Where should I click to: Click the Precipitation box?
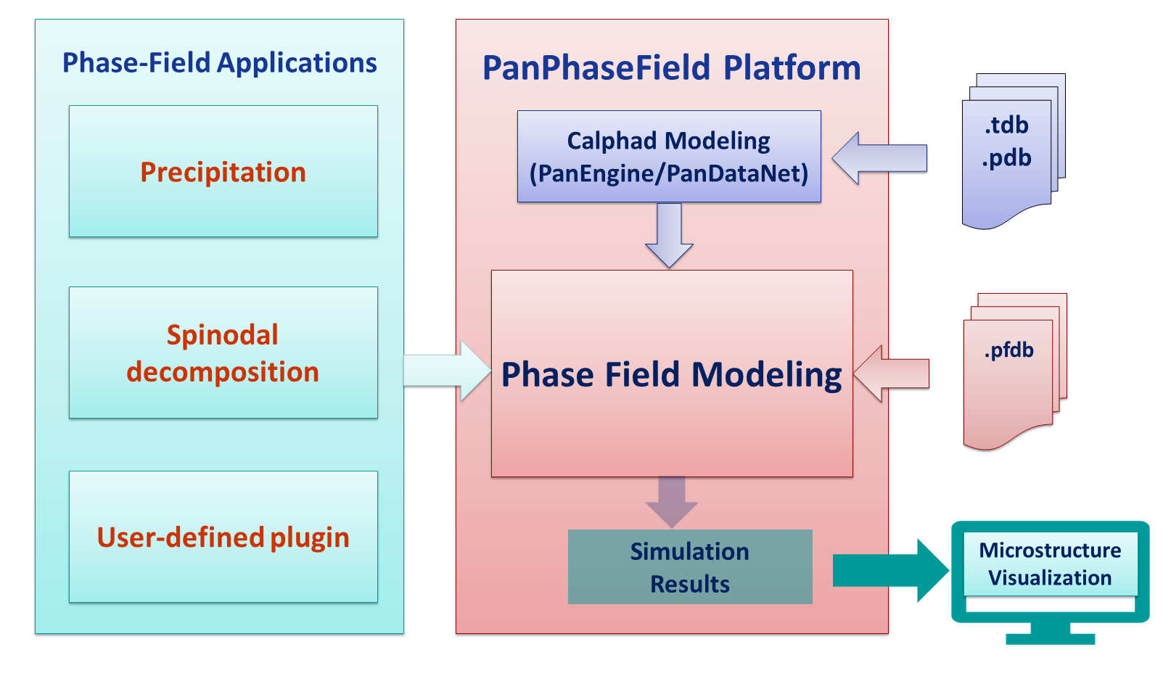[x=223, y=172]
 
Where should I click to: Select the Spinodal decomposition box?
[x=223, y=353]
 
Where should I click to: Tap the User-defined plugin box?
[x=223, y=537]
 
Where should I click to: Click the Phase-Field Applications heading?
[x=219, y=63]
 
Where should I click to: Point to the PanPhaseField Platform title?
[x=671, y=68]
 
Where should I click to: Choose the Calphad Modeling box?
[x=668, y=157]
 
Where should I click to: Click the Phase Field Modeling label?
[x=671, y=375]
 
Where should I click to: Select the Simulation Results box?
[x=689, y=567]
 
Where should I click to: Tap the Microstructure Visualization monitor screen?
[x=1049, y=564]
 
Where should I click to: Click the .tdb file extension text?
[x=1006, y=125]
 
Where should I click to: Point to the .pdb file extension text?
[x=1006, y=158]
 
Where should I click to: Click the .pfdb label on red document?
[x=1008, y=350]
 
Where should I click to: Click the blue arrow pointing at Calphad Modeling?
[x=879, y=158]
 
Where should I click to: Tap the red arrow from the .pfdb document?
[x=892, y=374]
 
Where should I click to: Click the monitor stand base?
[x=1050, y=639]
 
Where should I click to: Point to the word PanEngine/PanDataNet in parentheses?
[x=668, y=174]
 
